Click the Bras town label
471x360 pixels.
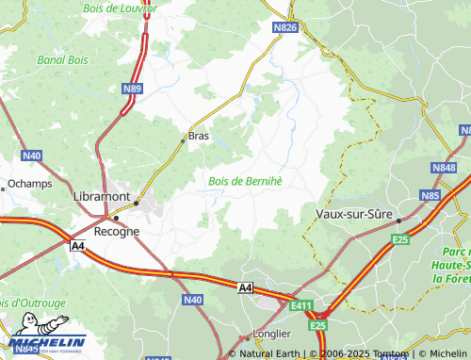point(199,136)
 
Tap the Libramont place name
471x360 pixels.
point(101,195)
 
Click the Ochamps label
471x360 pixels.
point(29,184)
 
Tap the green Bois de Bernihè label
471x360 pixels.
point(245,180)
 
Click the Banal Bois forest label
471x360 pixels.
point(62,59)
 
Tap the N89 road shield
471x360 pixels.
point(133,89)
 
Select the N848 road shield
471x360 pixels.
point(444,168)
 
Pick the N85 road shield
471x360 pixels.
point(430,195)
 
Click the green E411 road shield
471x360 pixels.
point(301,305)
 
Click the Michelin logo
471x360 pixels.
point(47,344)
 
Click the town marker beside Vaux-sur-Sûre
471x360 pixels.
point(398,221)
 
